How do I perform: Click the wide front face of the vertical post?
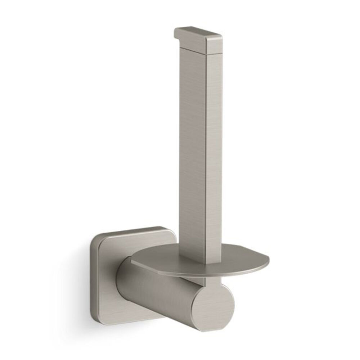(x=193, y=144)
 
